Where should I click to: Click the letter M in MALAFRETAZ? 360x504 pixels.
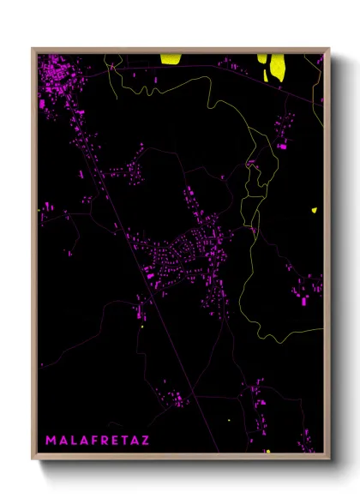point(50,441)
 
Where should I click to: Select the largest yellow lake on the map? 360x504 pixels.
point(277,66)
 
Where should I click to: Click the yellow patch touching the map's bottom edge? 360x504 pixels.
point(267,451)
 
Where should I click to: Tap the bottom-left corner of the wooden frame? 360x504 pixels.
point(33,459)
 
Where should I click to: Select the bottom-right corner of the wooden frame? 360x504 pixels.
point(328,459)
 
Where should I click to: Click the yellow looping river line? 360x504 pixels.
point(249,283)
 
